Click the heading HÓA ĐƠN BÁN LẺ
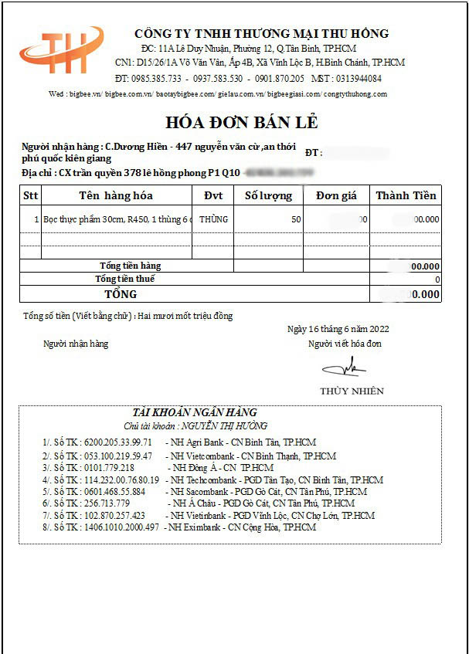click(241, 123)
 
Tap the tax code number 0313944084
click(357, 79)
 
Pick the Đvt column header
click(212, 195)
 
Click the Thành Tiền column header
click(406, 195)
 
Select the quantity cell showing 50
click(295, 219)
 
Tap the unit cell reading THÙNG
click(213, 219)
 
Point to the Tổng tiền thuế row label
click(124, 279)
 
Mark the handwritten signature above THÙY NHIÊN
click(344, 366)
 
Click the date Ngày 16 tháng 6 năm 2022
click(338, 329)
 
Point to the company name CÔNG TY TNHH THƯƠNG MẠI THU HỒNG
click(261, 34)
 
